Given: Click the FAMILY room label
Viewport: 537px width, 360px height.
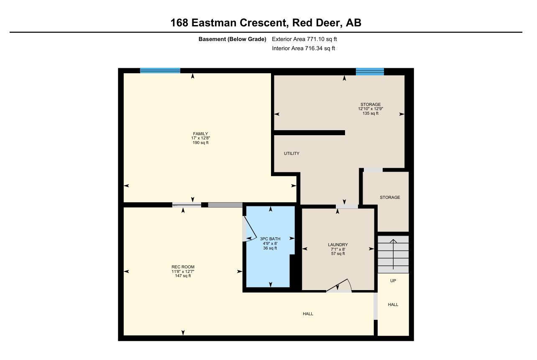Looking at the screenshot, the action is pos(200,134).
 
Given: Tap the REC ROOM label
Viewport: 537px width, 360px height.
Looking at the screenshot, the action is pos(183,267).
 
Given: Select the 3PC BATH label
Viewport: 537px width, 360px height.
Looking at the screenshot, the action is pos(270,239).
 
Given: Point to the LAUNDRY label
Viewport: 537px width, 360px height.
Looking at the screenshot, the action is pos(338,244).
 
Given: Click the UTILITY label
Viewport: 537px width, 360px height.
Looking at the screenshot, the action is pos(292,153).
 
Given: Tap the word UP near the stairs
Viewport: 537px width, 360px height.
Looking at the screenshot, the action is pos(393,280).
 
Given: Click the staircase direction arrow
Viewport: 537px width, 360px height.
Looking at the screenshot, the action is pos(393,255).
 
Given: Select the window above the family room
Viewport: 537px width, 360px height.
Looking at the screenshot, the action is pos(160,71).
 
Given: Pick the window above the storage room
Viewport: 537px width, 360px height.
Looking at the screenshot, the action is pos(370,72).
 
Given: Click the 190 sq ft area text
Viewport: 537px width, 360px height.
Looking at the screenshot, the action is pos(200,143).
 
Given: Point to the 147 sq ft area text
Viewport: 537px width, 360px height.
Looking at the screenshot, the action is pos(183,276).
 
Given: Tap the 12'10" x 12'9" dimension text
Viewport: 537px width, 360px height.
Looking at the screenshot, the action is pos(371,109).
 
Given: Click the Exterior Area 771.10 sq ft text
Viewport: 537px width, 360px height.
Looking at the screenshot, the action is pos(304,39).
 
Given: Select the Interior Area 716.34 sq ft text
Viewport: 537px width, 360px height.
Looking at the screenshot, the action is pos(303,49).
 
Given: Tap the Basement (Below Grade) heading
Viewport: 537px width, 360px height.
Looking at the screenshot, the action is pos(232,39).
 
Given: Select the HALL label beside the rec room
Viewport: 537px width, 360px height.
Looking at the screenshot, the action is pos(308,314).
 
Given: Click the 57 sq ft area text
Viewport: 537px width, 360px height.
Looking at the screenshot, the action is pos(338,253).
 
